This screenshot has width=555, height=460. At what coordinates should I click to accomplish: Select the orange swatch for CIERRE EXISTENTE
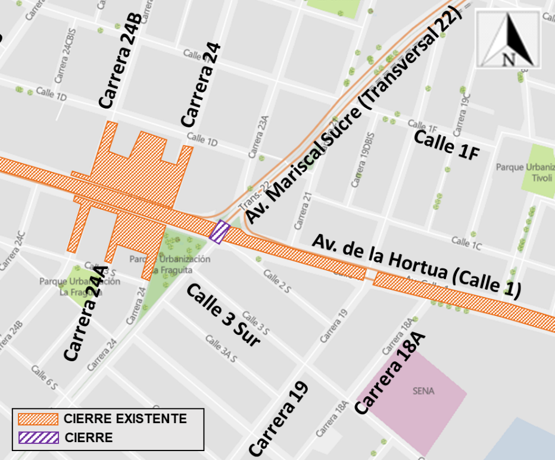tap(38, 419)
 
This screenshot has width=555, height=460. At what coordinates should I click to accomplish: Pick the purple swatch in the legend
tap(38, 438)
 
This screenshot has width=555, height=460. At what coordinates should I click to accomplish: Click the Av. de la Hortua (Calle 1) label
tap(417, 266)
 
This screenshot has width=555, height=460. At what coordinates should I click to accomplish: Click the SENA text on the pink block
tap(423, 392)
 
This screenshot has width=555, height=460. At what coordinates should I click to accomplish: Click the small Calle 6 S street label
tap(45, 377)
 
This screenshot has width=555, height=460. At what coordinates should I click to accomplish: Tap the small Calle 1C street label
tap(466, 242)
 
